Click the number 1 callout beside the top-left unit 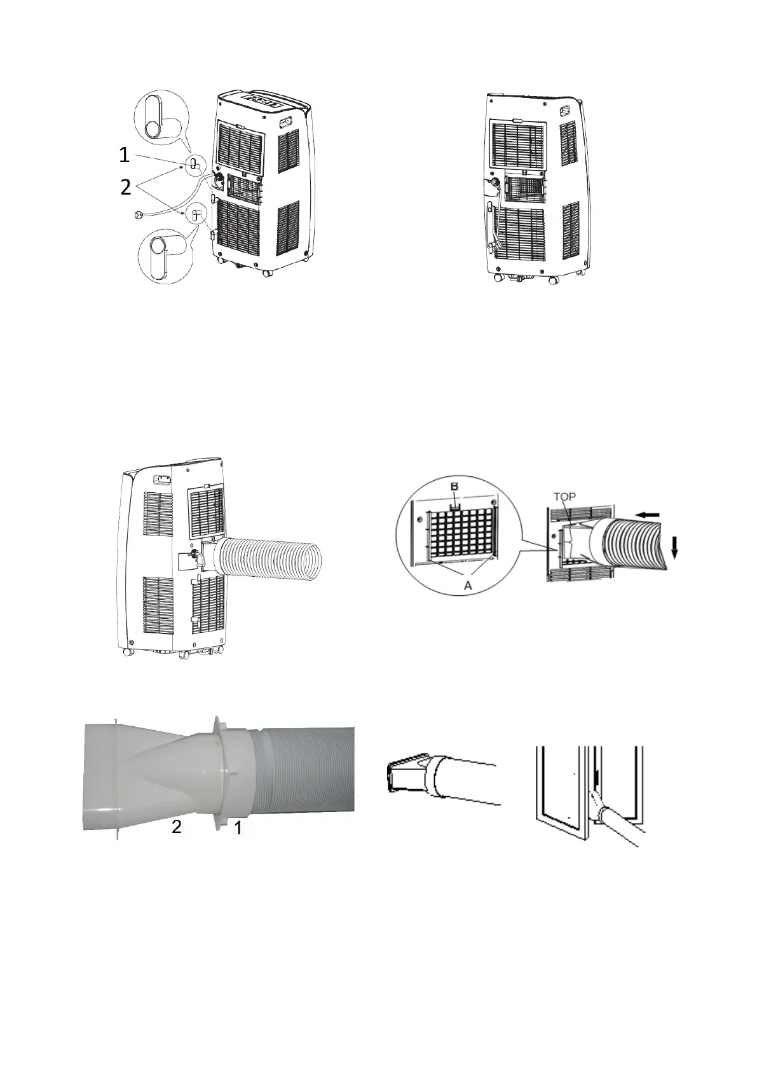coord(125,155)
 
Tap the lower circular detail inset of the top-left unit coord(164,253)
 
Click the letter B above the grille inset coord(454,487)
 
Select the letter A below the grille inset coord(468,586)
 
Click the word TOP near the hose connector coord(564,497)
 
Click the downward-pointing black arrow coord(674,546)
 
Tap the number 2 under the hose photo coord(177,827)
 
